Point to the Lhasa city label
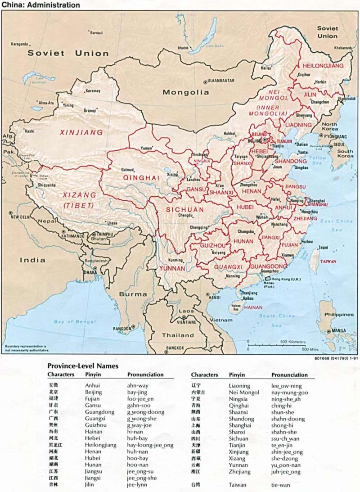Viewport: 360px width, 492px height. [112, 222]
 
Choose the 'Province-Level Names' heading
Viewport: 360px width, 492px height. [83, 366]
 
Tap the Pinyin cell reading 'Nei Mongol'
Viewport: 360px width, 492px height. [244, 392]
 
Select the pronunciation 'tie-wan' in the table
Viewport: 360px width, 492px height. [281, 485]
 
